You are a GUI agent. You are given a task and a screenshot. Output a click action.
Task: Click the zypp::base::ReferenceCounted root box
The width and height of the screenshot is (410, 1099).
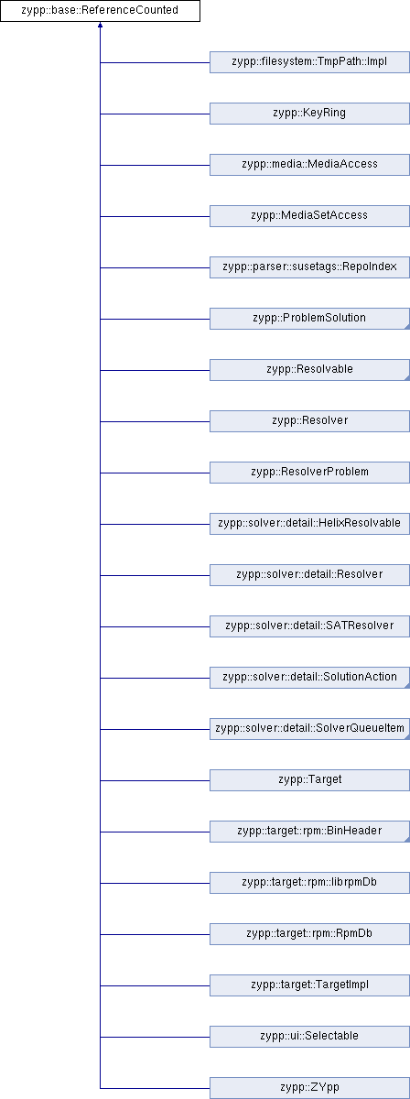[100, 11]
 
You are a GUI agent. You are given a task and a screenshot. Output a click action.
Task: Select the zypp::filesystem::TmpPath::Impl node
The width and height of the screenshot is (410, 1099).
[309, 62]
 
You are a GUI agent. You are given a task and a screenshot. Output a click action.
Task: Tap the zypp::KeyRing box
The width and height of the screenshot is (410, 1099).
[309, 114]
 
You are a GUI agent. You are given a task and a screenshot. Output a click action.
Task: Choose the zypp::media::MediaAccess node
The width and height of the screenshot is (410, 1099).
[309, 165]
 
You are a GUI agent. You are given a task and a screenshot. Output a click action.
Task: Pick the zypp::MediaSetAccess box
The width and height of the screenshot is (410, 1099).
[309, 216]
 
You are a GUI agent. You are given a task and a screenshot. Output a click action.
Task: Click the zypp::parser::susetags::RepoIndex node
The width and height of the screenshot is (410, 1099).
[309, 267]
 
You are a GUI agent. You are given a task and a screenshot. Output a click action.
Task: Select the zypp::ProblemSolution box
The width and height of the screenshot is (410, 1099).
[309, 319]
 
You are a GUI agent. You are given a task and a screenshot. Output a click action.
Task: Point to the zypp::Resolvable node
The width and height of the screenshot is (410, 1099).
[309, 370]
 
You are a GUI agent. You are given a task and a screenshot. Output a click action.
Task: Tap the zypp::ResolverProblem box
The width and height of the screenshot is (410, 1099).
[309, 473]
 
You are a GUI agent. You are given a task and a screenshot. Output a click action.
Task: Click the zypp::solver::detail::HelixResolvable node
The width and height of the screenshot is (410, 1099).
[309, 524]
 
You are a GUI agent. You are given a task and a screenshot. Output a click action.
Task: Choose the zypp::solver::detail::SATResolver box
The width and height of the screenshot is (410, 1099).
[309, 626]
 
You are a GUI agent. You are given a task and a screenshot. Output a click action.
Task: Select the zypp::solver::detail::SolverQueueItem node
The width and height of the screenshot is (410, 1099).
[309, 729]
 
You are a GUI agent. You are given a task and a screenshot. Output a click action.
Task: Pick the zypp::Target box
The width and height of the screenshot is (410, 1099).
[309, 780]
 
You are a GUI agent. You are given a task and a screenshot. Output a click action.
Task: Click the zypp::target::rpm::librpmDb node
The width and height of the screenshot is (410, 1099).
[309, 883]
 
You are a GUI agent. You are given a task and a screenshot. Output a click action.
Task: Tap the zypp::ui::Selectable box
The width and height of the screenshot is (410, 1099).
[309, 1036]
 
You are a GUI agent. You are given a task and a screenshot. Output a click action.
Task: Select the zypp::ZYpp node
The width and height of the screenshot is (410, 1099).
[309, 1088]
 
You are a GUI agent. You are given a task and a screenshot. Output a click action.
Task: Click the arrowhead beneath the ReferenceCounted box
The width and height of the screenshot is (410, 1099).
[100, 25]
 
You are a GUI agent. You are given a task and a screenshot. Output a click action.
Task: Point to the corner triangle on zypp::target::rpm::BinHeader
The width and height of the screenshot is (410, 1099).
[407, 840]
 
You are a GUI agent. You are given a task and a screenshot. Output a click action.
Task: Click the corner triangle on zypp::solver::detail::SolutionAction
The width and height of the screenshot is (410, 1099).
[407, 685]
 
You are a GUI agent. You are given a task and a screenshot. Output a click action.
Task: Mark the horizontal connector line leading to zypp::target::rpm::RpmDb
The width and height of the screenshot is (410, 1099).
[155, 934]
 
